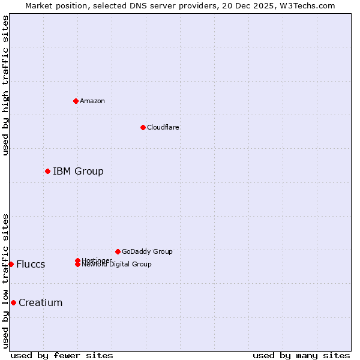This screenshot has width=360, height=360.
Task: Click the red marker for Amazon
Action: (76, 101)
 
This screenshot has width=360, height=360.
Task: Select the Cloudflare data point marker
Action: (143, 127)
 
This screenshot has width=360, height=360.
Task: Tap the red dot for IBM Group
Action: (47, 172)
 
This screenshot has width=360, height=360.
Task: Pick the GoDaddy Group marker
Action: (118, 251)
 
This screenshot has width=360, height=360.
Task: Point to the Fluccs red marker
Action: (11, 265)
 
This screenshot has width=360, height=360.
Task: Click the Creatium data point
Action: (13, 302)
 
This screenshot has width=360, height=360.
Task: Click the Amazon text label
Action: (92, 101)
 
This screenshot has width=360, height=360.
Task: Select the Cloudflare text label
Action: (163, 127)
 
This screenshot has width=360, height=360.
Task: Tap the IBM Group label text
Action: (78, 172)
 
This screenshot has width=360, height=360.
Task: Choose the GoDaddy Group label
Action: (147, 252)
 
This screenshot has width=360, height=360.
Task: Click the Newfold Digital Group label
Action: (117, 265)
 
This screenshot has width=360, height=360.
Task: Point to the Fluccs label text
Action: (31, 265)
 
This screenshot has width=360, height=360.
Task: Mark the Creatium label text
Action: (41, 302)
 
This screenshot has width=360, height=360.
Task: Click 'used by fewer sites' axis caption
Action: (62, 355)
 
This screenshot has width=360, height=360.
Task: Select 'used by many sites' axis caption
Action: (301, 355)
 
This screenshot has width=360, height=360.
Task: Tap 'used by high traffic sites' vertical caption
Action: (5, 85)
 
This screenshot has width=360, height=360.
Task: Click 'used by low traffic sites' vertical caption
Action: (5, 280)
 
